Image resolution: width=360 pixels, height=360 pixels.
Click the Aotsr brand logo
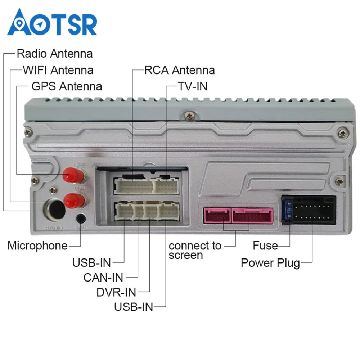(x=52, y=22)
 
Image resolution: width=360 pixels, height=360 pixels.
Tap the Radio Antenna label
(x=54, y=54)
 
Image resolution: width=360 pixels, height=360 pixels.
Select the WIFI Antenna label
(x=58, y=70)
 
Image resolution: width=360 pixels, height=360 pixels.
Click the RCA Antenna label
(x=179, y=70)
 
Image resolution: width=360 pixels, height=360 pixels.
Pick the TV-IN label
(x=193, y=86)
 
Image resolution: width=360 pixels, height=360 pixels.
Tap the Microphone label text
(x=37, y=246)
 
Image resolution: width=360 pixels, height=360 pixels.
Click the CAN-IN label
(x=103, y=278)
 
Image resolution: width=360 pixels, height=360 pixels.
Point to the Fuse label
(x=265, y=246)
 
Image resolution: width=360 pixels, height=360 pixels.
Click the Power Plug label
(x=270, y=263)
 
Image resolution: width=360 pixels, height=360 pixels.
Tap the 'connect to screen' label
(x=195, y=251)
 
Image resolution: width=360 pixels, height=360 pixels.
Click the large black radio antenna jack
(x=54, y=209)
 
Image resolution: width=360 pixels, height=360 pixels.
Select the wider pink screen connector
(x=252, y=215)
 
